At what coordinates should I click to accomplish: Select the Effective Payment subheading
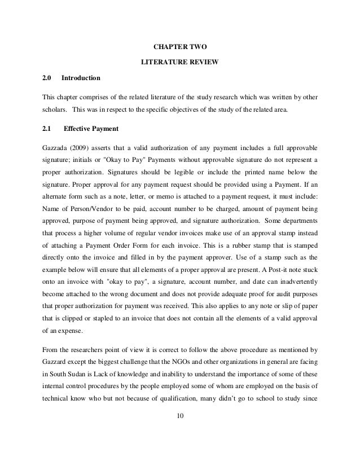click(90, 129)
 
